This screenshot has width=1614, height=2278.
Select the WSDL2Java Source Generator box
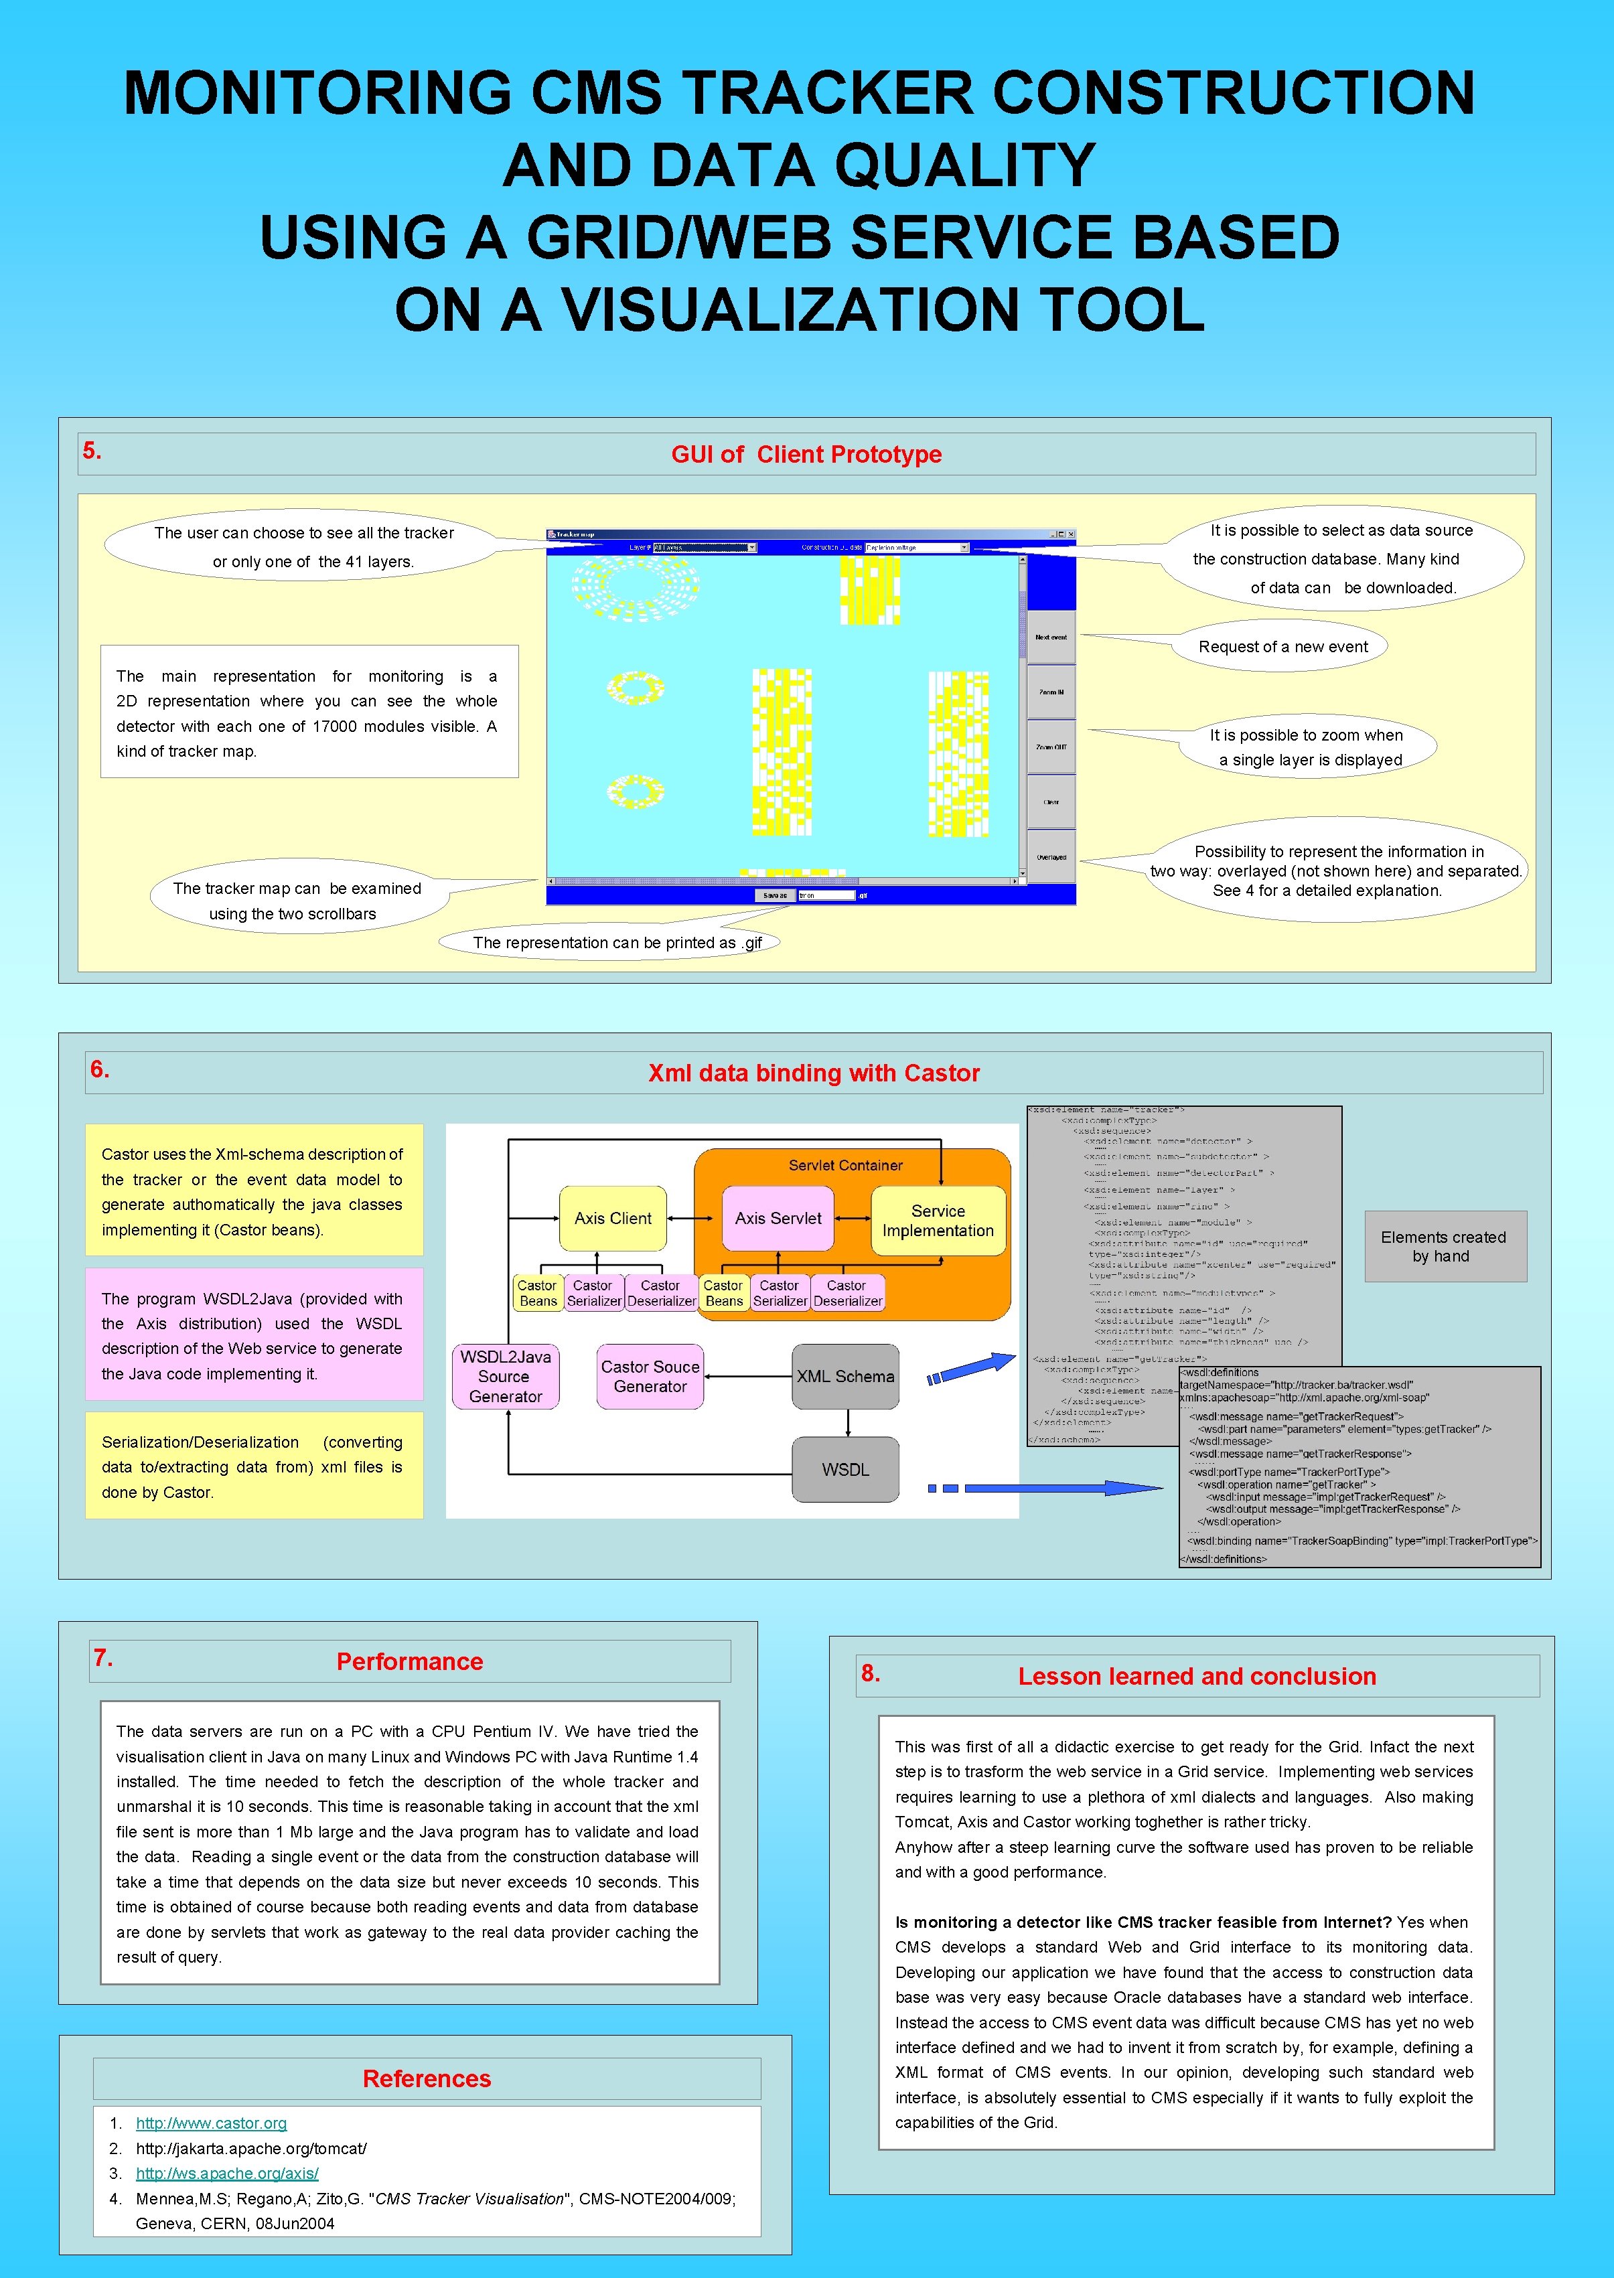(x=505, y=1376)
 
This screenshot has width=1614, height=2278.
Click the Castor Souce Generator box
(x=650, y=1376)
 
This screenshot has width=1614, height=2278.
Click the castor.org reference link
(x=211, y=2123)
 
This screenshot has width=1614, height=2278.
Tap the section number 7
(x=103, y=1657)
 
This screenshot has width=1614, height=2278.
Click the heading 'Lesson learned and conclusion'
(x=1197, y=1676)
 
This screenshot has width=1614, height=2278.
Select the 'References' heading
(x=427, y=2078)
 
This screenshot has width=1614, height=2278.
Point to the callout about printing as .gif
(x=616, y=941)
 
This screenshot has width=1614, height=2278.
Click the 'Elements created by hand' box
(x=1443, y=1245)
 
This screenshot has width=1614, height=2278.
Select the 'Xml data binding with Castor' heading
(x=813, y=1073)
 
